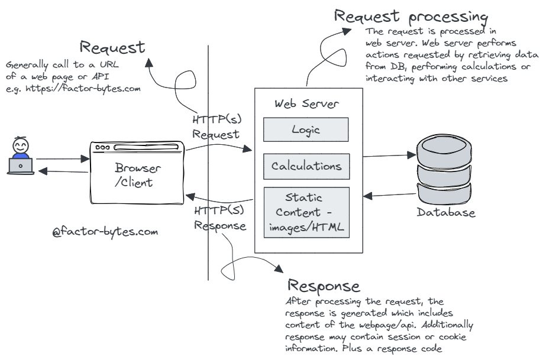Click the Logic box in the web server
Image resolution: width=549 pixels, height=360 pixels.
tap(305, 130)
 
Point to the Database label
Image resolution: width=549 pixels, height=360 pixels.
tap(446, 213)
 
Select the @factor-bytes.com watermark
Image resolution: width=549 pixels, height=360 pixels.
tap(105, 232)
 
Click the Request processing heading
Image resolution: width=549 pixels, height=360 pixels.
tap(412, 16)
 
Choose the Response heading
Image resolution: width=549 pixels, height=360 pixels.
tap(323, 287)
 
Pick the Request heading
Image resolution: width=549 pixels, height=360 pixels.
tap(113, 47)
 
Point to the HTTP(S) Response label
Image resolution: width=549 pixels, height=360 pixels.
tap(218, 218)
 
